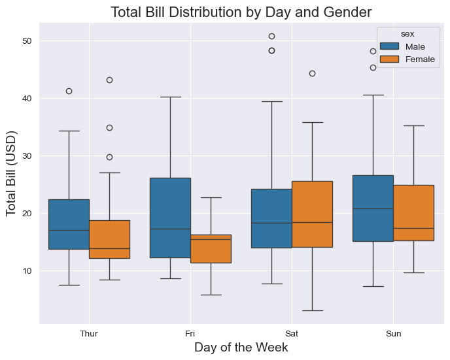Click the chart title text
(x=241, y=12)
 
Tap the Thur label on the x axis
(x=89, y=334)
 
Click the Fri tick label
(x=190, y=334)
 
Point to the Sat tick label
(x=292, y=334)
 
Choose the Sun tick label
(x=393, y=334)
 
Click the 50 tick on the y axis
(x=27, y=41)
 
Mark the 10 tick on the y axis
(x=27, y=271)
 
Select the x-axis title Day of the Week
(x=241, y=348)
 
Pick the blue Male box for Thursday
(x=69, y=224)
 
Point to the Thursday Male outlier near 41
(x=69, y=91)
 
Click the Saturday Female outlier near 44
(x=312, y=73)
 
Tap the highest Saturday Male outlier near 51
(x=271, y=36)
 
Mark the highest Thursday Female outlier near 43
(x=109, y=80)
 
